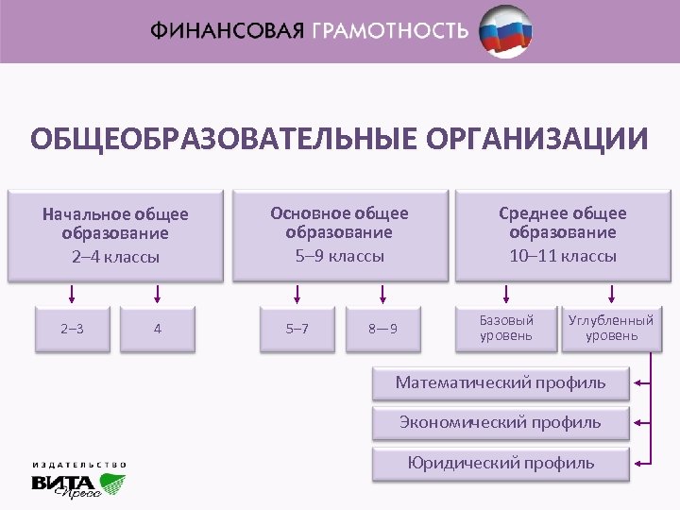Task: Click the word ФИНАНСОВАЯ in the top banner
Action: pos(227,30)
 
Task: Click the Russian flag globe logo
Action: pos(504,30)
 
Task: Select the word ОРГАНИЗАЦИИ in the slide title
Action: pos(537,140)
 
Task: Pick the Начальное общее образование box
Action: pos(115,235)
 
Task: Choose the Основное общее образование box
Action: pos(339,234)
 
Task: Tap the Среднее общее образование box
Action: pos(563,234)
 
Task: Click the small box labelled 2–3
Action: pos(72,329)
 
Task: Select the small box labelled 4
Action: pos(157,329)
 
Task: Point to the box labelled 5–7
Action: pos(297,329)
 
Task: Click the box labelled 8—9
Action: pos(382,329)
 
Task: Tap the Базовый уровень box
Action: pos(506,328)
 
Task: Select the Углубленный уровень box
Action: pos(610,328)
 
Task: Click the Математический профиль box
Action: pos(501,383)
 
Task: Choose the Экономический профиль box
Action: pos(501,422)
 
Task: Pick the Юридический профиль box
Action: pos(501,463)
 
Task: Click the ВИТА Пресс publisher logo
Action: pos(77,483)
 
